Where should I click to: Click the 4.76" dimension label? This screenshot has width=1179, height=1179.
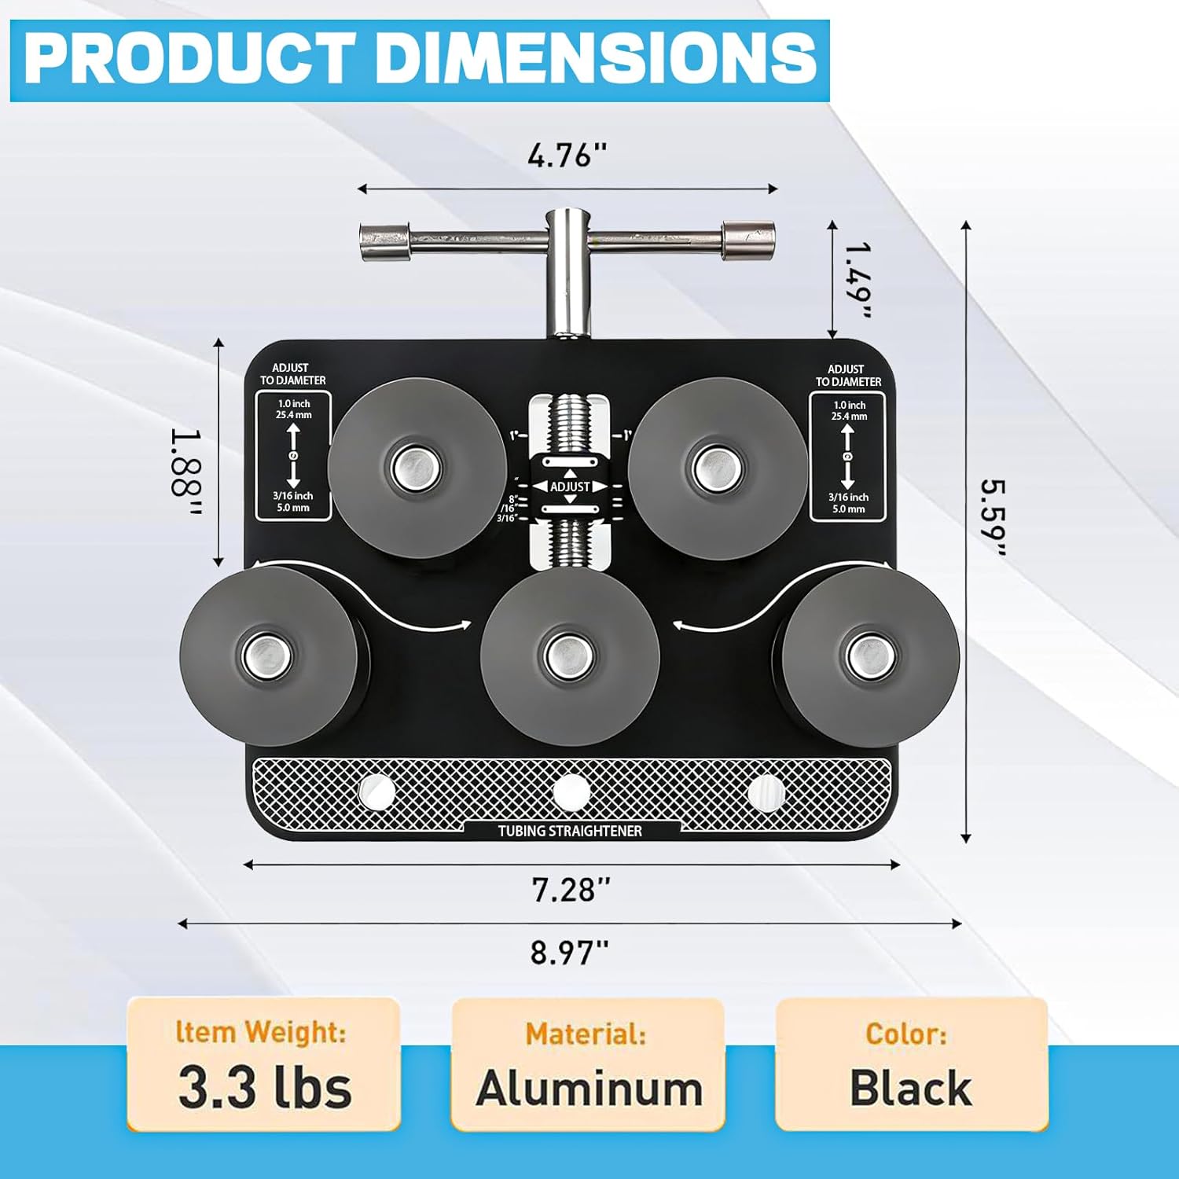(567, 156)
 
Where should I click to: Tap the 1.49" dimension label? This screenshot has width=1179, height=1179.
(858, 280)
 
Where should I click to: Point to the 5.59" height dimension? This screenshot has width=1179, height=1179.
(993, 516)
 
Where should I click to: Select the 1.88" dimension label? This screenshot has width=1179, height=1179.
(187, 472)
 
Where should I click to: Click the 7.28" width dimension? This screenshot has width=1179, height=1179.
(571, 890)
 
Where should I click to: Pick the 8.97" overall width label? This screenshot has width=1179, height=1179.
(569, 952)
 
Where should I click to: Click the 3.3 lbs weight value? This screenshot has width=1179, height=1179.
(265, 1088)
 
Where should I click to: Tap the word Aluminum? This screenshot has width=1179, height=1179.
(589, 1089)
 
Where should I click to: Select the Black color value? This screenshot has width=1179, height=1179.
(910, 1088)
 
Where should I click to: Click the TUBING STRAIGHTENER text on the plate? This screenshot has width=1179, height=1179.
(570, 831)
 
